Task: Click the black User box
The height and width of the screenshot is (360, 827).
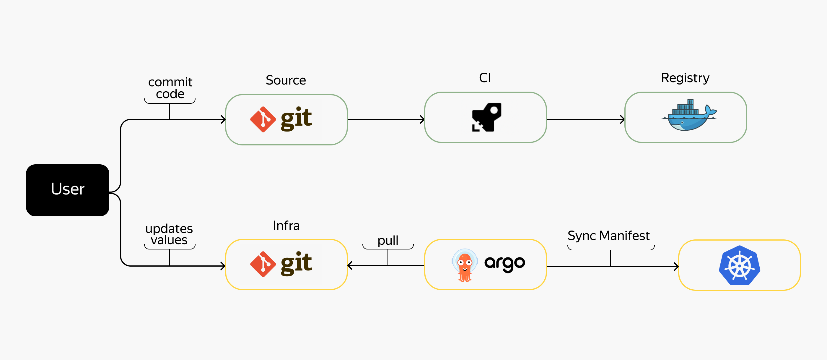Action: click(67, 190)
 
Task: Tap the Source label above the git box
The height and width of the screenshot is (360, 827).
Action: click(285, 80)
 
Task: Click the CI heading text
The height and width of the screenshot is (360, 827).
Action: click(485, 78)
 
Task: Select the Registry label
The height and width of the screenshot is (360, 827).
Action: click(685, 78)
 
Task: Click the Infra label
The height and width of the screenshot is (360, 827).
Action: click(286, 226)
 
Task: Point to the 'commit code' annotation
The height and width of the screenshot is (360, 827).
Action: click(170, 88)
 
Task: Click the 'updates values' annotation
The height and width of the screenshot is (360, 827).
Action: click(169, 234)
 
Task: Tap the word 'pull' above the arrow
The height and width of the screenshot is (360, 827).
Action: click(388, 240)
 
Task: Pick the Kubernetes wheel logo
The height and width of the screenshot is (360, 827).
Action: click(739, 265)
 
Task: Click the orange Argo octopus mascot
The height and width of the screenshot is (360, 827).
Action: click(464, 265)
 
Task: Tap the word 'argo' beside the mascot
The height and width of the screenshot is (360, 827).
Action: click(504, 263)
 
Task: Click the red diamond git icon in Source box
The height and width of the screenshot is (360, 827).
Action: click(263, 119)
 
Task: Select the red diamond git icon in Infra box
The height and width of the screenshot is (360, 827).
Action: click(263, 264)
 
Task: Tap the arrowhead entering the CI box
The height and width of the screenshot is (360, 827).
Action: click(422, 119)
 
